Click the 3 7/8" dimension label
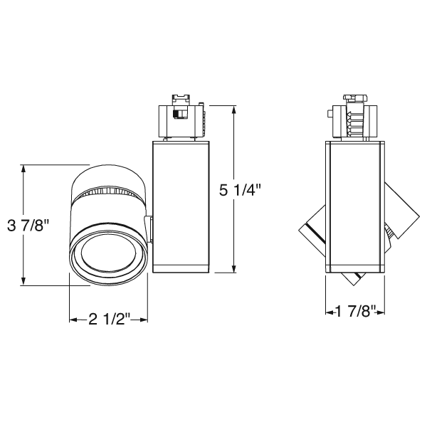(27, 226)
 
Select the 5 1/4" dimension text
(240, 190)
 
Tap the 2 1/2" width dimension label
(107, 319)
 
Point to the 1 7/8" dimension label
(355, 311)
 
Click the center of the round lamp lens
(108, 253)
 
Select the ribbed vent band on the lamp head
(110, 192)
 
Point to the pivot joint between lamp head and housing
(151, 231)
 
